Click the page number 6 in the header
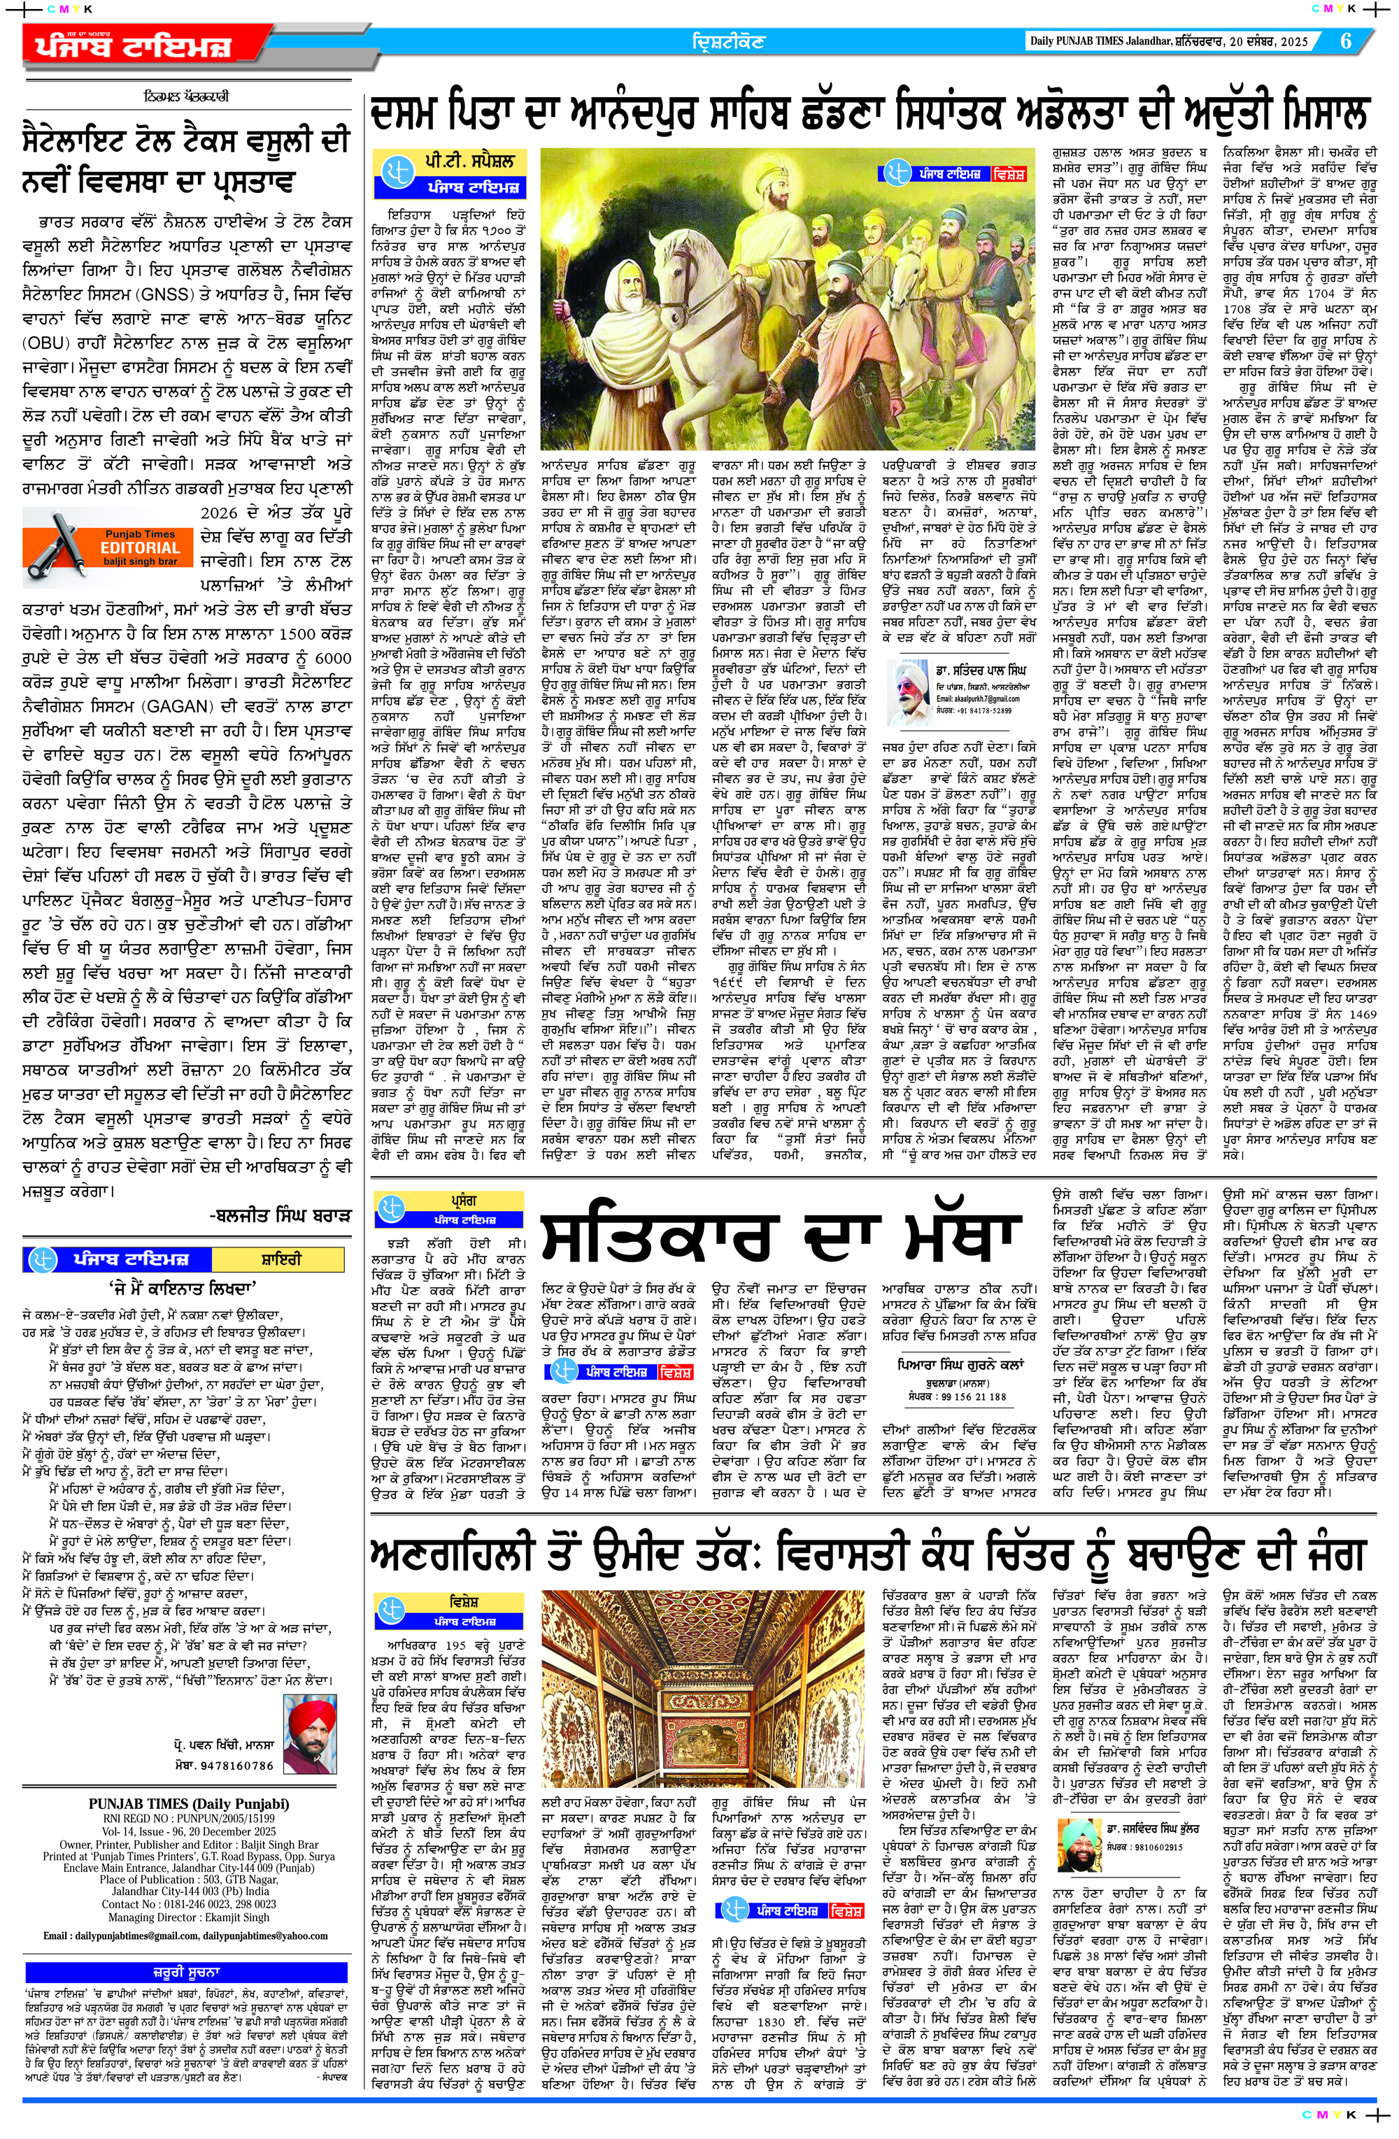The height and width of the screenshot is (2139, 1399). click(x=1346, y=41)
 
